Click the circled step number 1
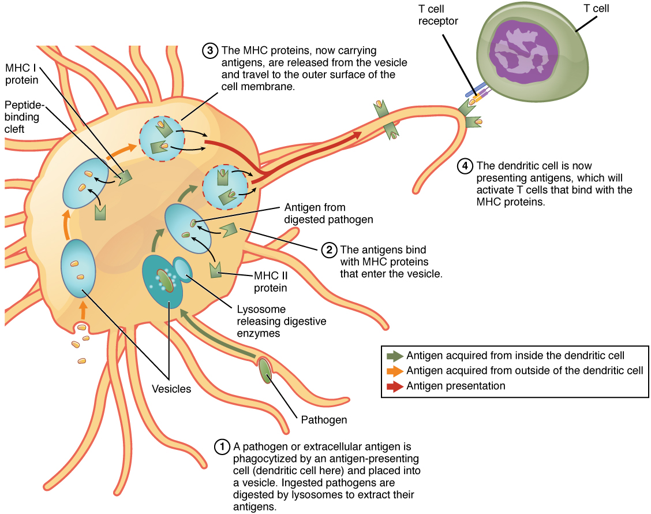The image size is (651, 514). pos(222,446)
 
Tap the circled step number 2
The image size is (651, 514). pos(328,250)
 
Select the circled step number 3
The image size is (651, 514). pos(209,51)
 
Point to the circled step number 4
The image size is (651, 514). pos(465,166)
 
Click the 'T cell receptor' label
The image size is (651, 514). pos(438,14)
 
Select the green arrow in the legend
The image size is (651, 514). pos(395,356)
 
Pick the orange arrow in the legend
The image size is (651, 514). pos(395,371)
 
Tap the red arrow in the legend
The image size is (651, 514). pos(395,386)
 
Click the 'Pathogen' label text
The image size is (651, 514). pos(324,420)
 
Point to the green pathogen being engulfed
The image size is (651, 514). pos(265,370)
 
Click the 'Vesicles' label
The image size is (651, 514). pos(171,389)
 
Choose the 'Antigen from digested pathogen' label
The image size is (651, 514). pos(328,213)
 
